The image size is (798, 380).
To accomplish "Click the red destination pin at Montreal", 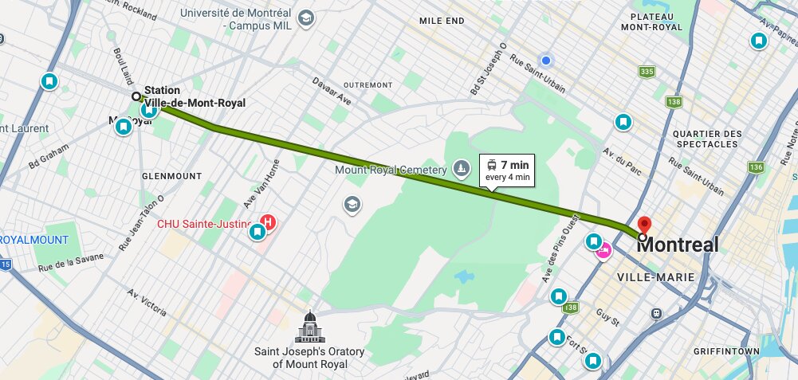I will click(x=645, y=225).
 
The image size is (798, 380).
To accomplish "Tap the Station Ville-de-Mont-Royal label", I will click(x=195, y=96).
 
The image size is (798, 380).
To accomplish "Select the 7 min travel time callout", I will click(x=508, y=170).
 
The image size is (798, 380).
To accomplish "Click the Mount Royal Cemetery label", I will click(x=390, y=170).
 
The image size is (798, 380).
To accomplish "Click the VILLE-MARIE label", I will click(x=656, y=277).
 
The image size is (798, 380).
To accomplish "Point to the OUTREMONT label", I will click(x=368, y=84).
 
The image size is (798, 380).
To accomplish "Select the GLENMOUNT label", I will click(x=171, y=175).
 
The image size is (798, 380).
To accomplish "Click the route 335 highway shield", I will click(x=647, y=72).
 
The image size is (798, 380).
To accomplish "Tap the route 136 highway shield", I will click(x=756, y=167).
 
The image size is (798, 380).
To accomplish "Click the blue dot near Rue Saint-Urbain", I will click(x=545, y=61).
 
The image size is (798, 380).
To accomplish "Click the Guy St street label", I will click(x=607, y=318).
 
